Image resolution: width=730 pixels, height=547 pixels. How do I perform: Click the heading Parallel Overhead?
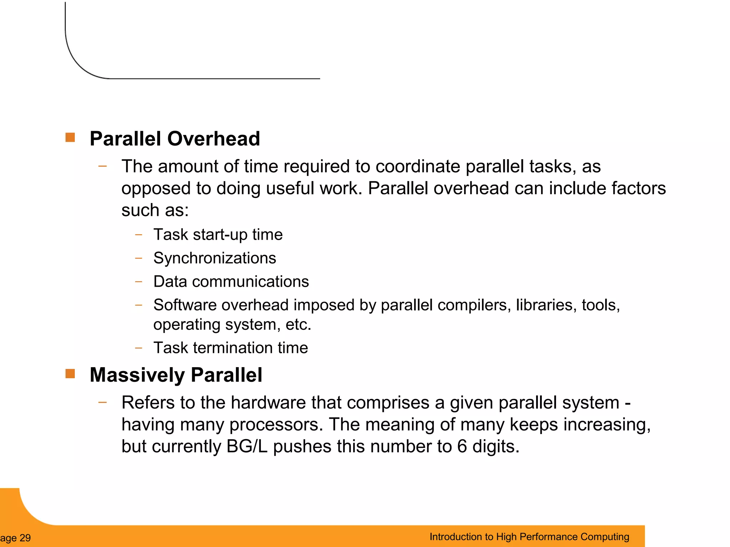click(x=175, y=139)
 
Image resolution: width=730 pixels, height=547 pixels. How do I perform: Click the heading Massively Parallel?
click(x=176, y=375)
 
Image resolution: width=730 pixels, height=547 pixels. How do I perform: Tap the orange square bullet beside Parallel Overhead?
click(x=70, y=137)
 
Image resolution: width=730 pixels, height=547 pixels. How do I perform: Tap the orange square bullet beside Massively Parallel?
click(x=70, y=374)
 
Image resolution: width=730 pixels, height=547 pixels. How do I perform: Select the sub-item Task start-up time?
click(x=218, y=235)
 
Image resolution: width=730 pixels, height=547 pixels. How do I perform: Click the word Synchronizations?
click(x=215, y=258)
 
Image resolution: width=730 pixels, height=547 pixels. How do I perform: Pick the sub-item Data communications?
click(x=231, y=282)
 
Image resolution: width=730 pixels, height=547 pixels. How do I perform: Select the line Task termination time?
click(x=231, y=348)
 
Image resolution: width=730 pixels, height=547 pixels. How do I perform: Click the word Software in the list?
click(x=185, y=305)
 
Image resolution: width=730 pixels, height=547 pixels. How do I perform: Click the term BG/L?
click(x=247, y=447)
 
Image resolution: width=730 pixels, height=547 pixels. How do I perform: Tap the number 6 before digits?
click(x=462, y=447)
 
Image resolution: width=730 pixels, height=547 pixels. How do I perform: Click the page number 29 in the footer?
click(x=25, y=538)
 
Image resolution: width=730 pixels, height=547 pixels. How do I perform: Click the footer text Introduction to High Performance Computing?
click(x=529, y=537)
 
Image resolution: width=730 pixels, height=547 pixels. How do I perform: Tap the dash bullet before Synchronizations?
click(x=139, y=258)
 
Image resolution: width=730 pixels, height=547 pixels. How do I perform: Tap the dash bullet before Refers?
click(x=103, y=402)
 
